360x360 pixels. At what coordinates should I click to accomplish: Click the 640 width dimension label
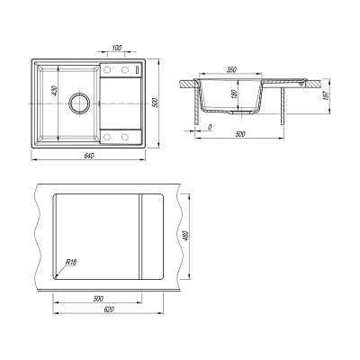[89, 156]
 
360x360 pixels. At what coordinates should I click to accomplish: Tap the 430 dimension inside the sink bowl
[54, 91]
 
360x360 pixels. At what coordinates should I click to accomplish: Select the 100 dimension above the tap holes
[117, 48]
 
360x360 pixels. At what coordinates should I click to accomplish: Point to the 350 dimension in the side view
[231, 70]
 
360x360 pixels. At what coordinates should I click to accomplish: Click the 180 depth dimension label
[235, 94]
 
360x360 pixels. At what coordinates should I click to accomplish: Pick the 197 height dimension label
[327, 95]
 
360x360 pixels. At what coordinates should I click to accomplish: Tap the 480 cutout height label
[185, 236]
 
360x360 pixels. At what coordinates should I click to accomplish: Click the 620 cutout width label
[109, 310]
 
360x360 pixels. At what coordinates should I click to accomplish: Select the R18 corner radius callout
[71, 262]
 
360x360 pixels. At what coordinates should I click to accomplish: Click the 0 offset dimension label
[210, 127]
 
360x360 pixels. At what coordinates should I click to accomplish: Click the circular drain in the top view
[79, 103]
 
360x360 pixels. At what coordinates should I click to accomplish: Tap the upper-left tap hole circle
[107, 70]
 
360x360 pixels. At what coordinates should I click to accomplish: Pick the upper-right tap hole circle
[125, 70]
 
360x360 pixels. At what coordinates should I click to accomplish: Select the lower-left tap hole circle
[107, 137]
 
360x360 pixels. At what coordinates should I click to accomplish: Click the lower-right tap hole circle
[125, 137]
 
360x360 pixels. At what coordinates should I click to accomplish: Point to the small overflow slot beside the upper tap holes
[138, 69]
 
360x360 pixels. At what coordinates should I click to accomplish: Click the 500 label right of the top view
[155, 103]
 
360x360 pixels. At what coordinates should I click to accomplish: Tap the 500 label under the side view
[240, 134]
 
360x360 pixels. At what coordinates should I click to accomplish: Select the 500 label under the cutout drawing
[98, 299]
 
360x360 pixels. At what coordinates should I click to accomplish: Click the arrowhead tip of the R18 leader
[55, 278]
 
